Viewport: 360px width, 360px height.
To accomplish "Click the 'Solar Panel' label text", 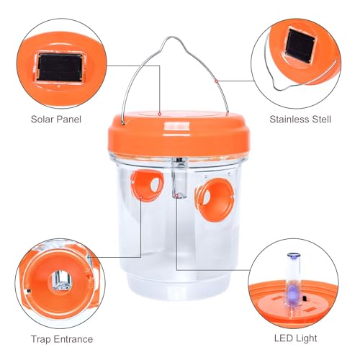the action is tap(56, 120).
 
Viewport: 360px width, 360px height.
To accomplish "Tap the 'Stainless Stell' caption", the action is tap(300, 120).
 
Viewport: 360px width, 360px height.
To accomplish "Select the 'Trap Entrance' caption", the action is tap(62, 339).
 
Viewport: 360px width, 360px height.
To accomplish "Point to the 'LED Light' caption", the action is tap(295, 338).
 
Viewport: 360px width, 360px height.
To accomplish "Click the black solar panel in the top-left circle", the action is tap(60, 67).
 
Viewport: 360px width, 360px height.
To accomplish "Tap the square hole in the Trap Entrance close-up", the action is tap(61, 280).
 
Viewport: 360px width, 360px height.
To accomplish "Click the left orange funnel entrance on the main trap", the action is tap(147, 184).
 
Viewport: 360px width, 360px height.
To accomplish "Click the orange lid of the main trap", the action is tap(179, 135).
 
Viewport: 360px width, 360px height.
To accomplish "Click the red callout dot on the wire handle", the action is tap(216, 81).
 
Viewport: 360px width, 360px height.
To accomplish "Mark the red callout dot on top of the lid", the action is tap(160, 114).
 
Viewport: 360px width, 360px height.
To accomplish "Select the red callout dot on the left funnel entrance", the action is tap(141, 197).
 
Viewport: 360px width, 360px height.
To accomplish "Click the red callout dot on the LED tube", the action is tap(176, 196).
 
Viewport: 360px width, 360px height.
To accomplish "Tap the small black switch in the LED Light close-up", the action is tap(305, 299).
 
